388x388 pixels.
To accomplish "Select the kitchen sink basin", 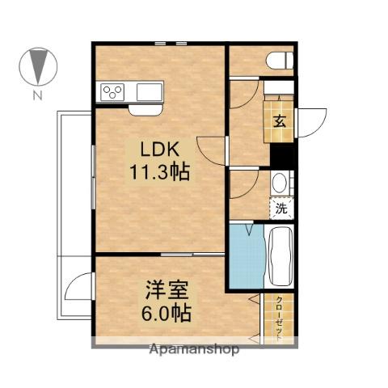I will click(x=150, y=91).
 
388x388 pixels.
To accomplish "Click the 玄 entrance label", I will click(x=279, y=122).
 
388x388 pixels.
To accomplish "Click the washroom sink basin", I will click(x=280, y=183).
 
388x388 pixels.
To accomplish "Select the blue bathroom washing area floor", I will click(x=246, y=257).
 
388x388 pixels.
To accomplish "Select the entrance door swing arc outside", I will click(x=310, y=120).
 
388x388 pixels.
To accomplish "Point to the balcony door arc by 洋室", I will click(x=80, y=287).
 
